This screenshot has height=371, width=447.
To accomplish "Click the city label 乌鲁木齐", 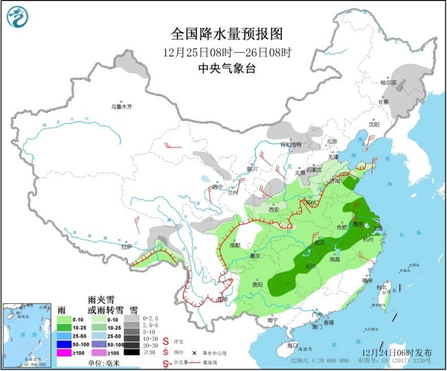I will tap(121, 106).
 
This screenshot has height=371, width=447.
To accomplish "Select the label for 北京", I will tap(331, 141).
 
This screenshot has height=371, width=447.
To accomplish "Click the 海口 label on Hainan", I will tap(292, 345).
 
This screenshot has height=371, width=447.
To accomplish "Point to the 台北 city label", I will tap(383, 287).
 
